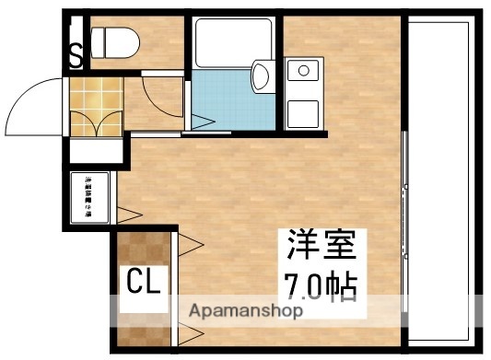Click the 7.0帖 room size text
coord(313,285)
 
